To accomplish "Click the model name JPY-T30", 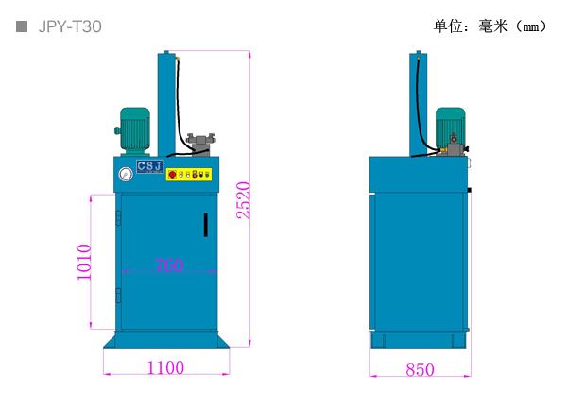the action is pos(70,26).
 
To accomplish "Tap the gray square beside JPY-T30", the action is pos(22,26).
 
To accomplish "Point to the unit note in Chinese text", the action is pos(490,26).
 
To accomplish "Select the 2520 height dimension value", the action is pos(244,200).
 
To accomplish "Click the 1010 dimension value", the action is pos(84,262).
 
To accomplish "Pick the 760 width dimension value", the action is pos(169,264).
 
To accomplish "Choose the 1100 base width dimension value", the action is pos(166,367).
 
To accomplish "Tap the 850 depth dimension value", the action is pos(420,369).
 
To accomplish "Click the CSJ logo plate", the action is pos(150,166).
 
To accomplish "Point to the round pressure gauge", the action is pos(126,174).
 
